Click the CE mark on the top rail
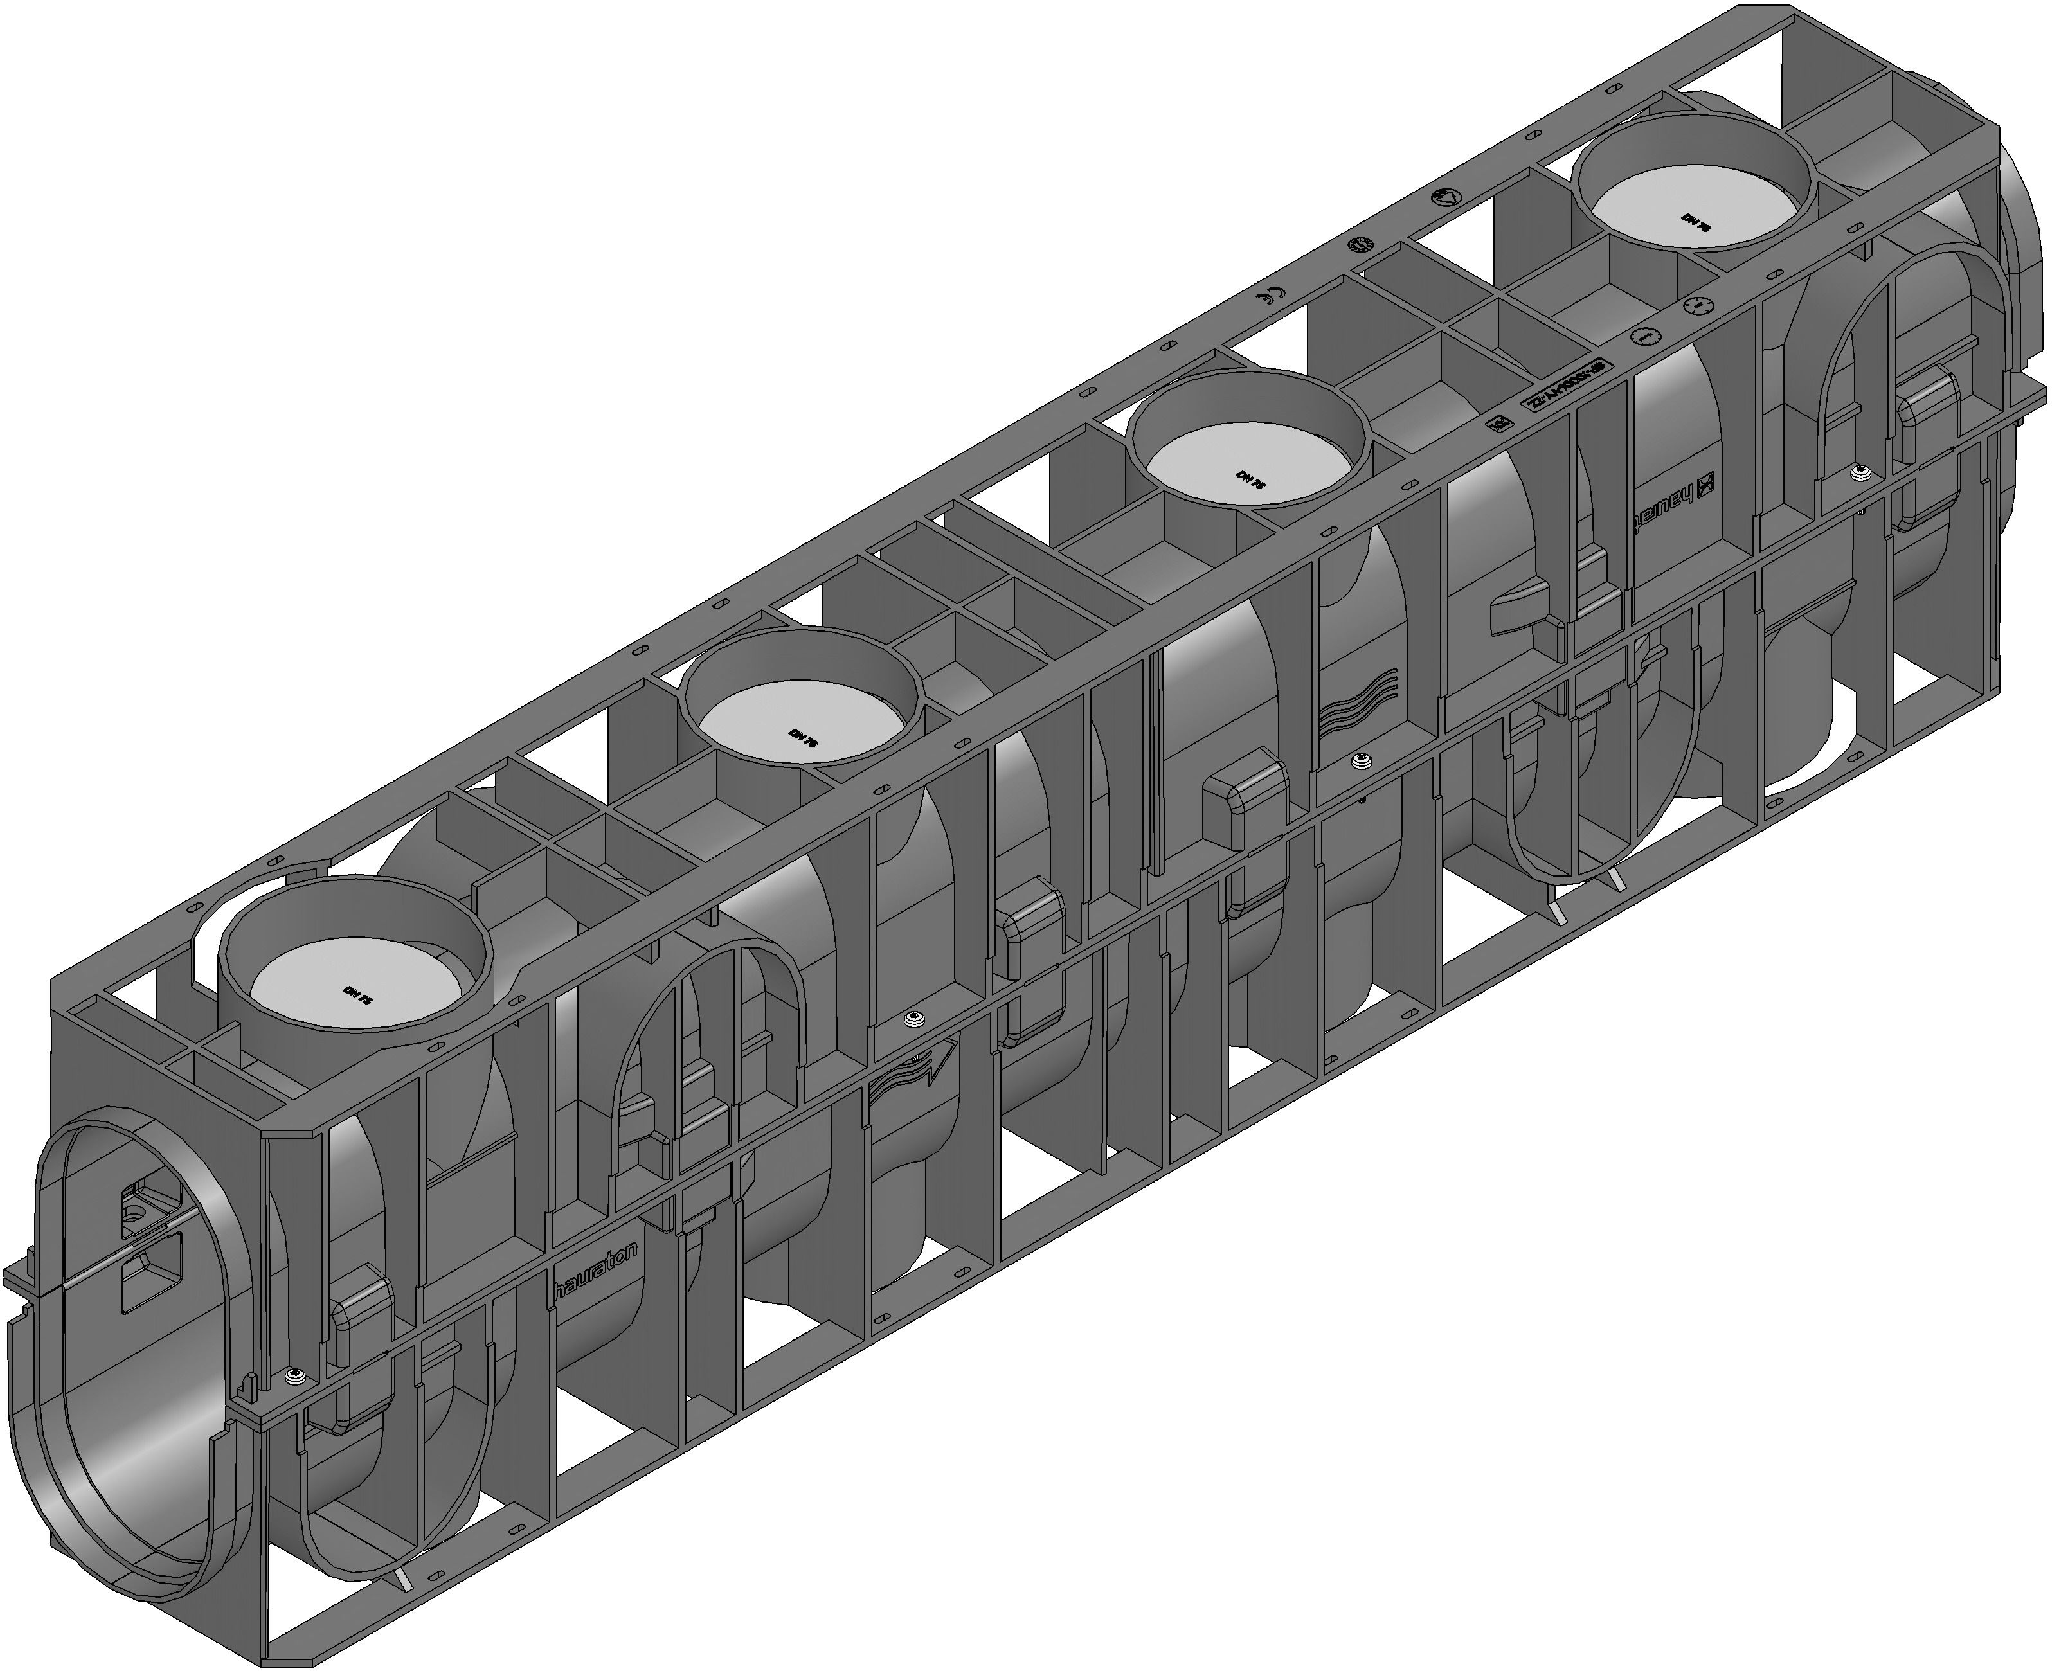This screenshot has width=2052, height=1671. click(1271, 296)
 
